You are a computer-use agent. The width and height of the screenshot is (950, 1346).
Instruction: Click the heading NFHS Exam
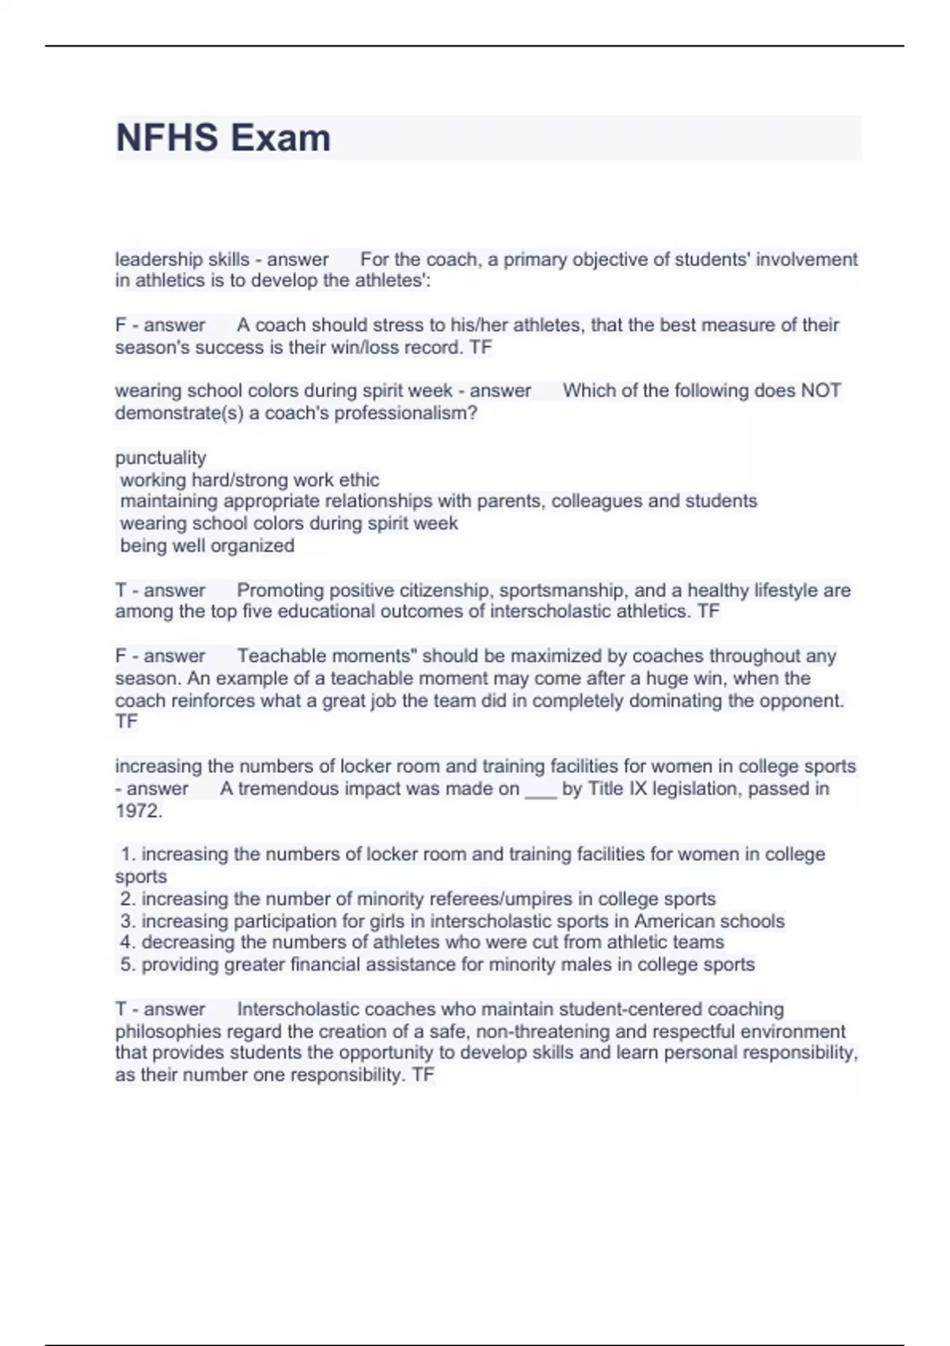(x=223, y=138)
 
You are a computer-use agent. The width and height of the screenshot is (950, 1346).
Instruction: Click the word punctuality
(x=161, y=458)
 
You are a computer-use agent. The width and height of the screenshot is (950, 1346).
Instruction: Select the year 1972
(x=138, y=811)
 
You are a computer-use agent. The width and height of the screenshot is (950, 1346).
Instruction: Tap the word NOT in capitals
(x=821, y=390)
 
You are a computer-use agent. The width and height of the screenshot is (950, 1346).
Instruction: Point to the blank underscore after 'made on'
(x=541, y=789)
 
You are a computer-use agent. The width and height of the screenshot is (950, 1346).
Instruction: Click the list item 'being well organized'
(x=207, y=546)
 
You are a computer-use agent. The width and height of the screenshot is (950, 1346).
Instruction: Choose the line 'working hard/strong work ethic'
(x=249, y=480)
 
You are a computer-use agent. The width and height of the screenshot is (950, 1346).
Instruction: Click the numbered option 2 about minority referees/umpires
(x=417, y=899)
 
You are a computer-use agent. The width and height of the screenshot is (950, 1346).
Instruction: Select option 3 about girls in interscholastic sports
(x=452, y=921)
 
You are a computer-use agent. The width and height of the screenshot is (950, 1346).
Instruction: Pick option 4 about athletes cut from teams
(x=422, y=942)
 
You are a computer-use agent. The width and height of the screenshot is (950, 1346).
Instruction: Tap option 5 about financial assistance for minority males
(x=437, y=964)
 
